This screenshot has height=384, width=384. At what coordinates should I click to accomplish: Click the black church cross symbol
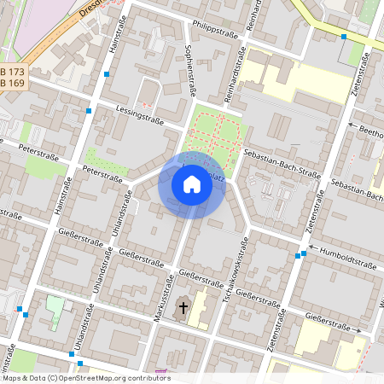point(182,307)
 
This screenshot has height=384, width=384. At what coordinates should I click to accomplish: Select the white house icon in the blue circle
point(191,183)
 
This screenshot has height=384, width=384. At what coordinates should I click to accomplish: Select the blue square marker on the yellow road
point(344,37)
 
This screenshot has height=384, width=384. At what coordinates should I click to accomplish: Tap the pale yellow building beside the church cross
point(201,309)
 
